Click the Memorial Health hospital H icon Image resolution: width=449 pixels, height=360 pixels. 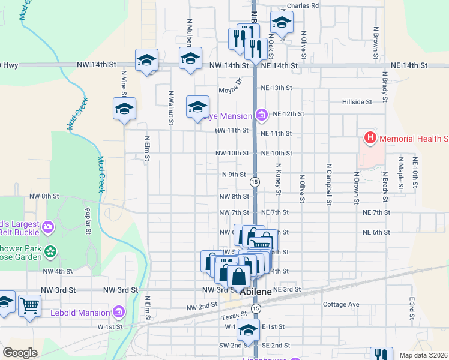(x=370, y=139)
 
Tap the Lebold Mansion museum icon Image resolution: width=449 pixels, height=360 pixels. (x=118, y=312)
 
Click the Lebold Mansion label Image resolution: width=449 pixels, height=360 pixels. (x=79, y=313)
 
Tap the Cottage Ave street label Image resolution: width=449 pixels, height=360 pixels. (x=341, y=305)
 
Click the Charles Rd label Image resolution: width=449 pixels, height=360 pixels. (x=303, y=6)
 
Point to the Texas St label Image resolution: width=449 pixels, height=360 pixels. (x=234, y=314)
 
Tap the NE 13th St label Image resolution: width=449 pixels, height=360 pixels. (x=277, y=88)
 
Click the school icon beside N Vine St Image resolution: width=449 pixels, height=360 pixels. (x=124, y=109)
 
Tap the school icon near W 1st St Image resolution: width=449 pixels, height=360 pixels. (x=248, y=329)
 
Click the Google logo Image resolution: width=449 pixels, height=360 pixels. (x=20, y=353)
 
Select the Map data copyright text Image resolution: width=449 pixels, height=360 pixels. (x=424, y=355)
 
